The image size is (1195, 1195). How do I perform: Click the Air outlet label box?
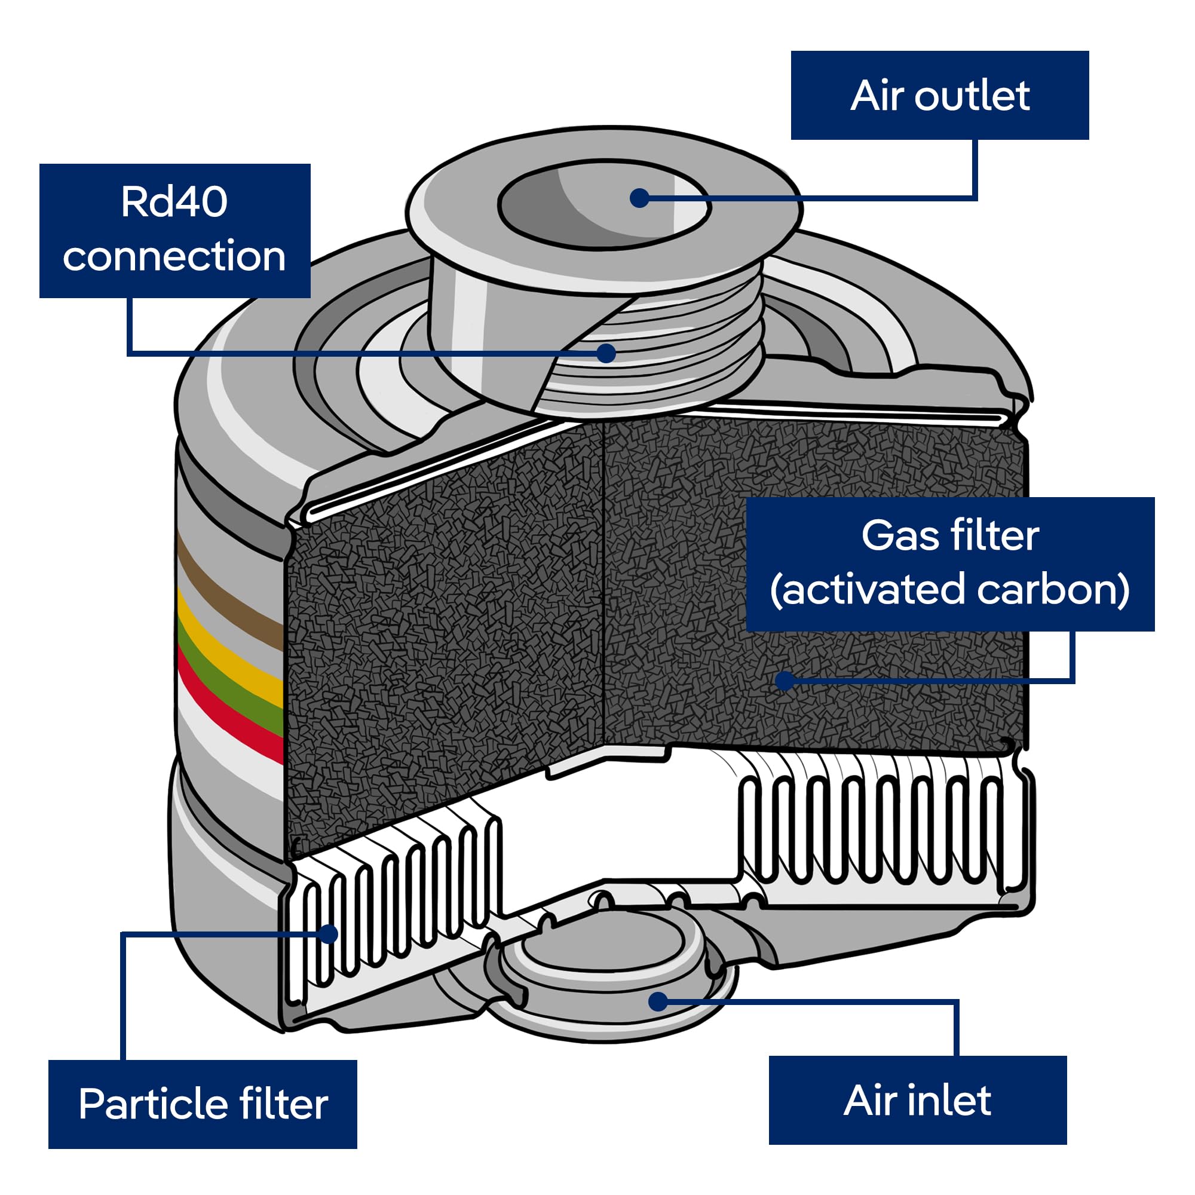pyautogui.click(x=939, y=95)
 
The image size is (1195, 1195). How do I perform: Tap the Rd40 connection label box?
pyautogui.click(x=175, y=231)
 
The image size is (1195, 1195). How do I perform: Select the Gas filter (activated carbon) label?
pyautogui.click(x=951, y=564)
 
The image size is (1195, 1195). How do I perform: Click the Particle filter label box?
pyautogui.click(x=203, y=1105)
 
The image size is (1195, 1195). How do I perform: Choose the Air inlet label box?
pyautogui.click(x=918, y=1101)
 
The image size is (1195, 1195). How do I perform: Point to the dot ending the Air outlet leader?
pyautogui.click(x=639, y=198)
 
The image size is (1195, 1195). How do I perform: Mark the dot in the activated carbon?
pyautogui.click(x=785, y=681)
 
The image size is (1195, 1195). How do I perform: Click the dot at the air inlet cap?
pyautogui.click(x=658, y=1001)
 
